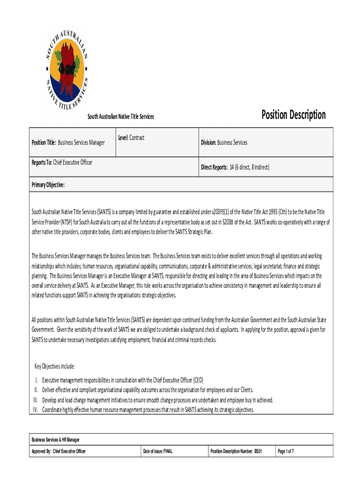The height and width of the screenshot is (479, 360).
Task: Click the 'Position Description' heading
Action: tap(293, 115)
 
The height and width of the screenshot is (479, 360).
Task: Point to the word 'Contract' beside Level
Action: tap(137, 138)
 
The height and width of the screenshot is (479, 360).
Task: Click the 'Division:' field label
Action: tap(209, 142)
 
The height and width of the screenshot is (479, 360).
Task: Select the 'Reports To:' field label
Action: tap(42, 162)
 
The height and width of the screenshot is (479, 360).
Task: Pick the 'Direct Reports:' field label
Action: tap(214, 167)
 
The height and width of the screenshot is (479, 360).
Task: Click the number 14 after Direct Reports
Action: tap(231, 167)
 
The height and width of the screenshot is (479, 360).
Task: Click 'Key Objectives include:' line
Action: tap(55, 366)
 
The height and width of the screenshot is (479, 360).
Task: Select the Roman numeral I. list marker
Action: tap(37, 380)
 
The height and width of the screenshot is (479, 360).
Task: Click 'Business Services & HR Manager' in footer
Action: tap(55, 440)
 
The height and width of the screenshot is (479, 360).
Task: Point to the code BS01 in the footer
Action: tap(258, 451)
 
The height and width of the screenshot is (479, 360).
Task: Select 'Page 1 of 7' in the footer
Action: tap(286, 451)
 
